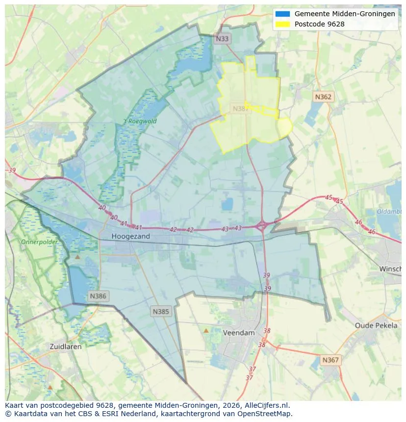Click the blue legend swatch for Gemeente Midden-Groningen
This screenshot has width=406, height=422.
[283, 14]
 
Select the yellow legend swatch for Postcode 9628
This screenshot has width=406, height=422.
[283, 24]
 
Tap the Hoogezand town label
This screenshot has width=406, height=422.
[130, 236]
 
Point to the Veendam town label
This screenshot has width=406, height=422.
[239, 333]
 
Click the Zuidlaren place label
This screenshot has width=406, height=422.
[66, 346]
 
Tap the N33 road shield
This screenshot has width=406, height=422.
[223, 38]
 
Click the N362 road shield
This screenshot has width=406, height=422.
[323, 97]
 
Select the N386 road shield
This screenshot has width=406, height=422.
[98, 296]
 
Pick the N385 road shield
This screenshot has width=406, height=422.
[161, 311]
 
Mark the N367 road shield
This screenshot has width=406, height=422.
[330, 360]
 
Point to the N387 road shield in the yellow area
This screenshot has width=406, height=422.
[241, 109]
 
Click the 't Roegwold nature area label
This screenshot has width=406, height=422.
[140, 121]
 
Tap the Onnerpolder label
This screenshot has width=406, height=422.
[39, 242]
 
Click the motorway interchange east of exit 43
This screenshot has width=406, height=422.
[262, 226]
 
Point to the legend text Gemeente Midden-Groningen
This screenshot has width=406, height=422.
[345, 14]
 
